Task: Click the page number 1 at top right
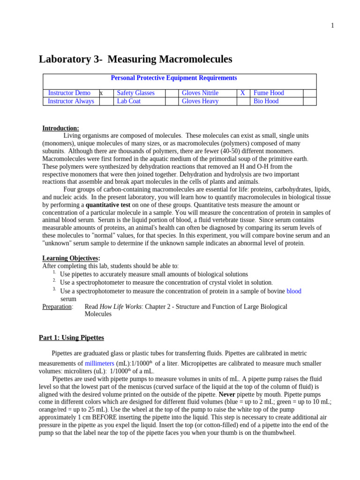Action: [332, 26]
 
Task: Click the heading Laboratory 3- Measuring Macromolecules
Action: [135, 60]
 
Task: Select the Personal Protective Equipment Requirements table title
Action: [173, 78]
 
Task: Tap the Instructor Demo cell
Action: [69, 93]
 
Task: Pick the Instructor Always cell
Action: [71, 101]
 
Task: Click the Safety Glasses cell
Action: [135, 93]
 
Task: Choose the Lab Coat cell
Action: [129, 101]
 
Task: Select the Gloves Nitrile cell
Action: [200, 93]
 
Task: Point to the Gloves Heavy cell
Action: [200, 101]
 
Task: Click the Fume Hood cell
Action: [269, 93]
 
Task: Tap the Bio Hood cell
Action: [266, 101]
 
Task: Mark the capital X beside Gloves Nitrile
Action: [243, 93]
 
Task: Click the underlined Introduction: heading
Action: [61, 128]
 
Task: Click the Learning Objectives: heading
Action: [71, 258]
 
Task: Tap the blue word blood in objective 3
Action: [294, 291]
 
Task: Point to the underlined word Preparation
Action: [57, 307]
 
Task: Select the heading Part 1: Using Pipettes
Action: [71, 337]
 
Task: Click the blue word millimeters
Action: [99, 363]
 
